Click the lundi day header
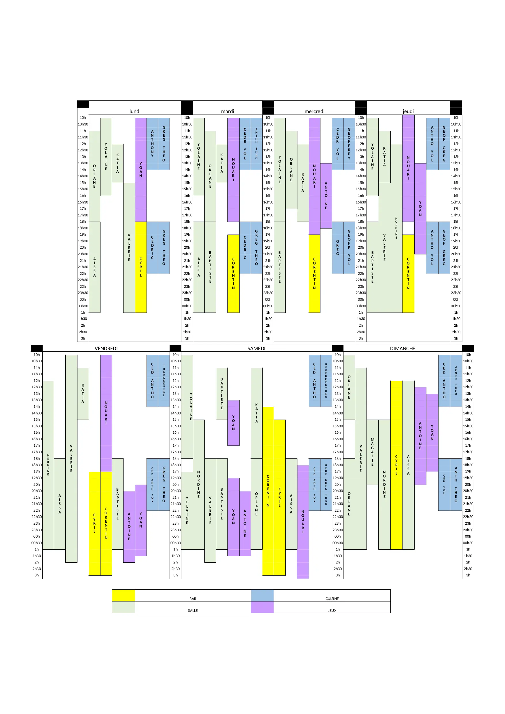pyautogui.click(x=135, y=111)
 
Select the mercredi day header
pyautogui.click(x=314, y=111)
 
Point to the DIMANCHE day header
pyautogui.click(x=402, y=348)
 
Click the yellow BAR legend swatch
pyautogui.click(x=123, y=595)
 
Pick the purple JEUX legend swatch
pyautogui.click(x=262, y=607)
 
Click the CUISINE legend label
pyautogui.click(x=332, y=598)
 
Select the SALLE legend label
pyautogui.click(x=193, y=610)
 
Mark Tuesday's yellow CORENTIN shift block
pyautogui.click(x=233, y=273)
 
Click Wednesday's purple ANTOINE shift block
pyautogui.click(x=326, y=195)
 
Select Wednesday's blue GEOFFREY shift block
pyautogui.click(x=349, y=144)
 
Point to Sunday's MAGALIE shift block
pyautogui.click(x=372, y=452)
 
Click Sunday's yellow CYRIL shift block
pyautogui.click(x=396, y=464)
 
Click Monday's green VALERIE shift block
pyautogui.click(x=129, y=247)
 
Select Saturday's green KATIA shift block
pyautogui.click(x=257, y=413)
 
